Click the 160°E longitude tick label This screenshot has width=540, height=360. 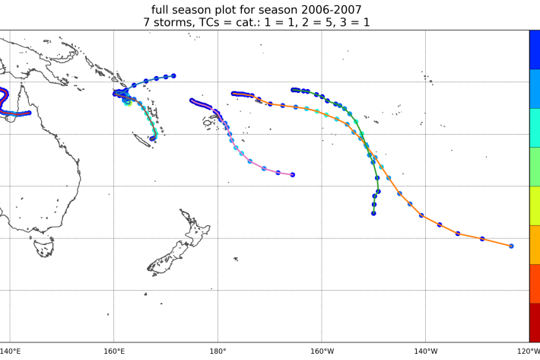coord(114,351)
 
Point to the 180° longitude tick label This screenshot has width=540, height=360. coord(218,351)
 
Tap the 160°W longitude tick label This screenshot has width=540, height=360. coord(322,351)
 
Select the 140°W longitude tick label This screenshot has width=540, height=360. coord(425,351)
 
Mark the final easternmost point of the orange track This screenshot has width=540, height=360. coord(511,246)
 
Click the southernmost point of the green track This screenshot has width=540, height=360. coord(374,213)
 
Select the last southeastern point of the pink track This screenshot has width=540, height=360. coord(293,175)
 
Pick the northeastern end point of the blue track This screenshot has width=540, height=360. coord(174,76)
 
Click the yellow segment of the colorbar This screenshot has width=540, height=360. coord(535,205)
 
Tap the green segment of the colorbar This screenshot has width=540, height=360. coord(535,167)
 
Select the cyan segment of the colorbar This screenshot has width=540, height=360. coord(535,128)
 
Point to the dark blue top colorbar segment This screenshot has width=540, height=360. coord(535,49)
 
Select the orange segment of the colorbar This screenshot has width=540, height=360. coord(535,244)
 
